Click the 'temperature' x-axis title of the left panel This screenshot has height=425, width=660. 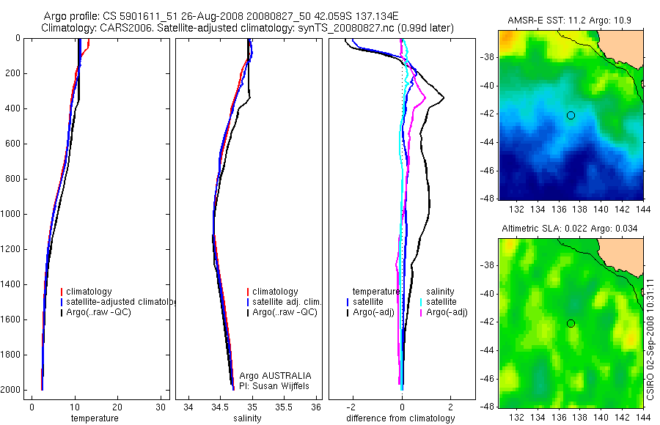click(x=94, y=418)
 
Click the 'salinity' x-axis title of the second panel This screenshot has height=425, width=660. click(x=246, y=418)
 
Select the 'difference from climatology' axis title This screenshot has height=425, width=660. click(x=400, y=418)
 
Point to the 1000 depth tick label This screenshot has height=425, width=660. click(x=12, y=214)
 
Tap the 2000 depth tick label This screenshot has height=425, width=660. click(x=12, y=390)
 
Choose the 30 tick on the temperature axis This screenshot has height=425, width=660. click(x=158, y=407)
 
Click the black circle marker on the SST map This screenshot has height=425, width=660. click(x=571, y=115)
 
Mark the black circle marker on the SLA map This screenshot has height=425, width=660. click(x=571, y=323)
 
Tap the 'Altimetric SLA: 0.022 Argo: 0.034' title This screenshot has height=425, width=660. click(x=570, y=229)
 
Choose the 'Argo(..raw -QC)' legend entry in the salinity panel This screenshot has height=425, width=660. click(x=285, y=312)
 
